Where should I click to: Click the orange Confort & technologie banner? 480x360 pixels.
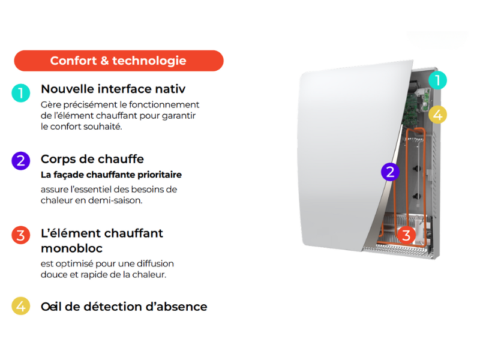[x=118, y=61]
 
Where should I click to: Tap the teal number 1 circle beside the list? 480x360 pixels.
[x=20, y=92]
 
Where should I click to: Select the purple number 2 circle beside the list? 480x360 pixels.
[x=20, y=161]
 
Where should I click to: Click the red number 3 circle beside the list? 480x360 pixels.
[x=20, y=235]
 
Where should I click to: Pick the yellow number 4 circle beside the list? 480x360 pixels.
[x=20, y=306]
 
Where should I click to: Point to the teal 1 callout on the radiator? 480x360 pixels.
[x=438, y=80]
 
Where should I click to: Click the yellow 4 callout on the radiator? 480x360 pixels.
[x=438, y=114]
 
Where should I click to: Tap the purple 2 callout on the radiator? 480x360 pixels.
[x=390, y=172]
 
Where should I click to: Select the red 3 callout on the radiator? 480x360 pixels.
[x=406, y=235]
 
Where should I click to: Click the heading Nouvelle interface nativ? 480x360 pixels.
[x=113, y=89]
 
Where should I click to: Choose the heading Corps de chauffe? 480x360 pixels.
[x=92, y=159]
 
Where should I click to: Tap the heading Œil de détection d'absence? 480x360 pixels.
[x=124, y=307]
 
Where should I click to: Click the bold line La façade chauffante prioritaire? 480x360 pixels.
[x=111, y=175]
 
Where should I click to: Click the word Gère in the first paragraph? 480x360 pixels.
[x=50, y=104]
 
